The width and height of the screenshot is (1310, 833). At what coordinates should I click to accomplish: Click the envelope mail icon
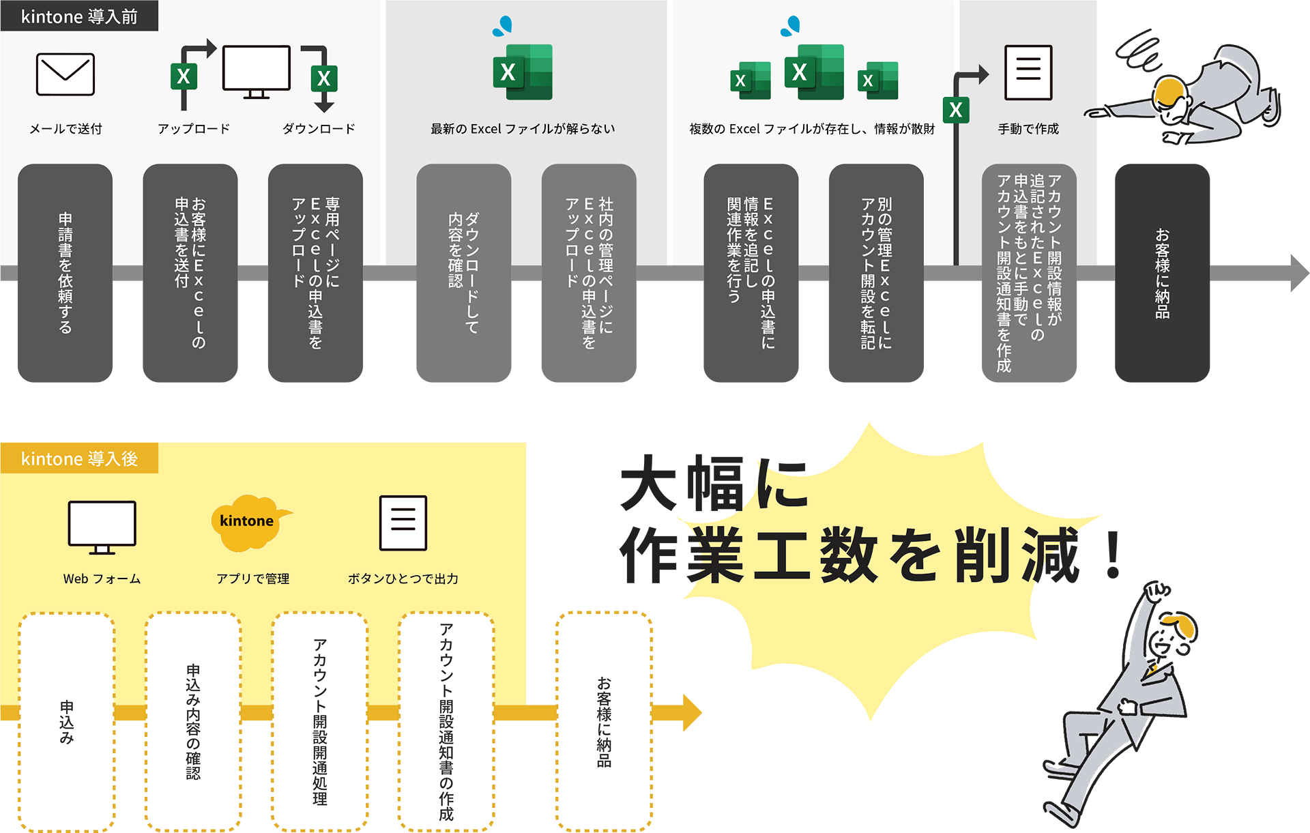pyautogui.click(x=65, y=74)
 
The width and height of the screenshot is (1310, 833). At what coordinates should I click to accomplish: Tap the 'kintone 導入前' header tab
pyautogui.click(x=79, y=16)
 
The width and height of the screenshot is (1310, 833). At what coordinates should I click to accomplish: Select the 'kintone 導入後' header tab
pyautogui.click(x=79, y=458)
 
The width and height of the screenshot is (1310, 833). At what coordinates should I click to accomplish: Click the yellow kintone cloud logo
pyautogui.click(x=247, y=522)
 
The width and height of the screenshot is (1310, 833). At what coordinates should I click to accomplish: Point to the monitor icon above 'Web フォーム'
pyautogui.click(x=102, y=527)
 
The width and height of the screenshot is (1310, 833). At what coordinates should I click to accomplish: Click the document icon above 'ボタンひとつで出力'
pyautogui.click(x=403, y=523)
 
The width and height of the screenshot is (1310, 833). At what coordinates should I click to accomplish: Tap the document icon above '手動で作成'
pyautogui.click(x=1028, y=72)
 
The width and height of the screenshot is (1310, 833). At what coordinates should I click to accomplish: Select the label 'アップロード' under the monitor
pyautogui.click(x=194, y=129)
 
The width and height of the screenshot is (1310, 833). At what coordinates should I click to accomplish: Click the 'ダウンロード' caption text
pyautogui.click(x=319, y=129)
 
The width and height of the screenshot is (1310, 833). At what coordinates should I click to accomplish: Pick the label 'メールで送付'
pyautogui.click(x=65, y=129)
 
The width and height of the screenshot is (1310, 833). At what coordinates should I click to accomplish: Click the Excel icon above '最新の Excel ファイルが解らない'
pyautogui.click(x=523, y=72)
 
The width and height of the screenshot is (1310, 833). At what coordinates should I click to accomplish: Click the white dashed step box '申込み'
pyautogui.click(x=66, y=720)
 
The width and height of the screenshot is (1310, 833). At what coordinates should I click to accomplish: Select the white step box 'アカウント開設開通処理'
pyautogui.click(x=319, y=720)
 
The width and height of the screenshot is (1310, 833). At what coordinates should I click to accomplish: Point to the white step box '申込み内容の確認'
pyautogui.click(x=193, y=720)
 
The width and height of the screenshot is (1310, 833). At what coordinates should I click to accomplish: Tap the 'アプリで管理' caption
pyautogui.click(x=252, y=579)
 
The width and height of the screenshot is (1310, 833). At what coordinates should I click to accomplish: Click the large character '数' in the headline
pyautogui.click(x=848, y=555)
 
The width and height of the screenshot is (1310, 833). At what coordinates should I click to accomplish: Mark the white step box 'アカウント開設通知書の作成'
pyautogui.click(x=446, y=720)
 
